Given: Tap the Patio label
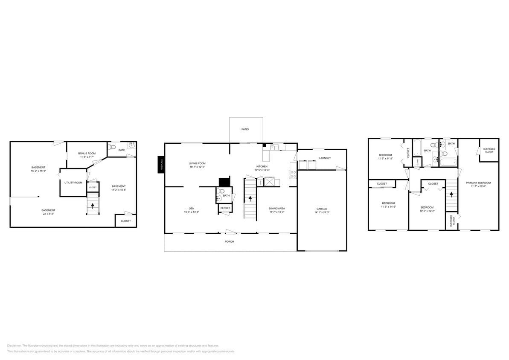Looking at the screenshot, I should point(245,129).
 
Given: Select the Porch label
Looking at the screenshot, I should point(230,241).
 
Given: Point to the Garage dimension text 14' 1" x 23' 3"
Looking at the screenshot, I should point(322,212).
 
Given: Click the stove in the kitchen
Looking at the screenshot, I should point(293,174).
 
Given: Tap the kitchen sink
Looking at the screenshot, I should point(275,148).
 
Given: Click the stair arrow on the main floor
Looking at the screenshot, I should point(250,199).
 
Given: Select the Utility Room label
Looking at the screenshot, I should point(73,183).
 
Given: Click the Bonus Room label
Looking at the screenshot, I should point(86,153).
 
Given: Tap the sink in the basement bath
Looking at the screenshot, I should point(131,146).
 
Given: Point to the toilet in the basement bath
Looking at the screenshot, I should point(112,147).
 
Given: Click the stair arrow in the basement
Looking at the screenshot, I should point(93,206).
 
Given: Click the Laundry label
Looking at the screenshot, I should point(325,158).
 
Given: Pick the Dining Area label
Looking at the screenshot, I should point(276,208).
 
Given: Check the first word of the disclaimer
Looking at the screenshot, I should point(15,345).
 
